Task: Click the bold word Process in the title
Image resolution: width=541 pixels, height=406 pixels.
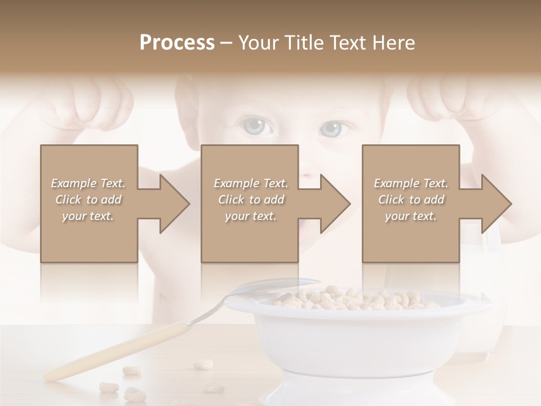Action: click(177, 43)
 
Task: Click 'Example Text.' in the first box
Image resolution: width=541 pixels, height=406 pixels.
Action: click(88, 183)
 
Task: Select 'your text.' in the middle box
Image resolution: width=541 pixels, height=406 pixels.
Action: click(250, 216)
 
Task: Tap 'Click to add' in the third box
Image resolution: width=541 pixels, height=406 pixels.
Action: click(411, 200)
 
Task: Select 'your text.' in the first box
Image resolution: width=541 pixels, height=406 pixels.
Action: click(88, 216)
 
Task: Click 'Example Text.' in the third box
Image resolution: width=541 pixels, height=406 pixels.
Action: click(411, 183)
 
